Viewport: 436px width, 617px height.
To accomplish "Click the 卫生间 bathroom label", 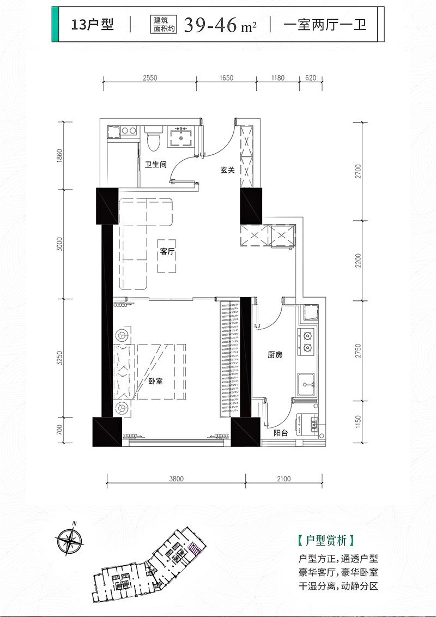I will [155, 164].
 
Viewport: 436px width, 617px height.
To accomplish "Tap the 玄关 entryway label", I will [227, 170].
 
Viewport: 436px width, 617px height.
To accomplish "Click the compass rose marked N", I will [70, 541].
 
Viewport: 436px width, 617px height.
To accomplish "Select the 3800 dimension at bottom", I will [176, 479].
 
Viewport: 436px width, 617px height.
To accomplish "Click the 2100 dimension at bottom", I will [283, 479].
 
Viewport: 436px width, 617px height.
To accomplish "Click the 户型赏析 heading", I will [325, 541].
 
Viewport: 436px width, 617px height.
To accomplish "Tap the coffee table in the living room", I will [167, 256].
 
